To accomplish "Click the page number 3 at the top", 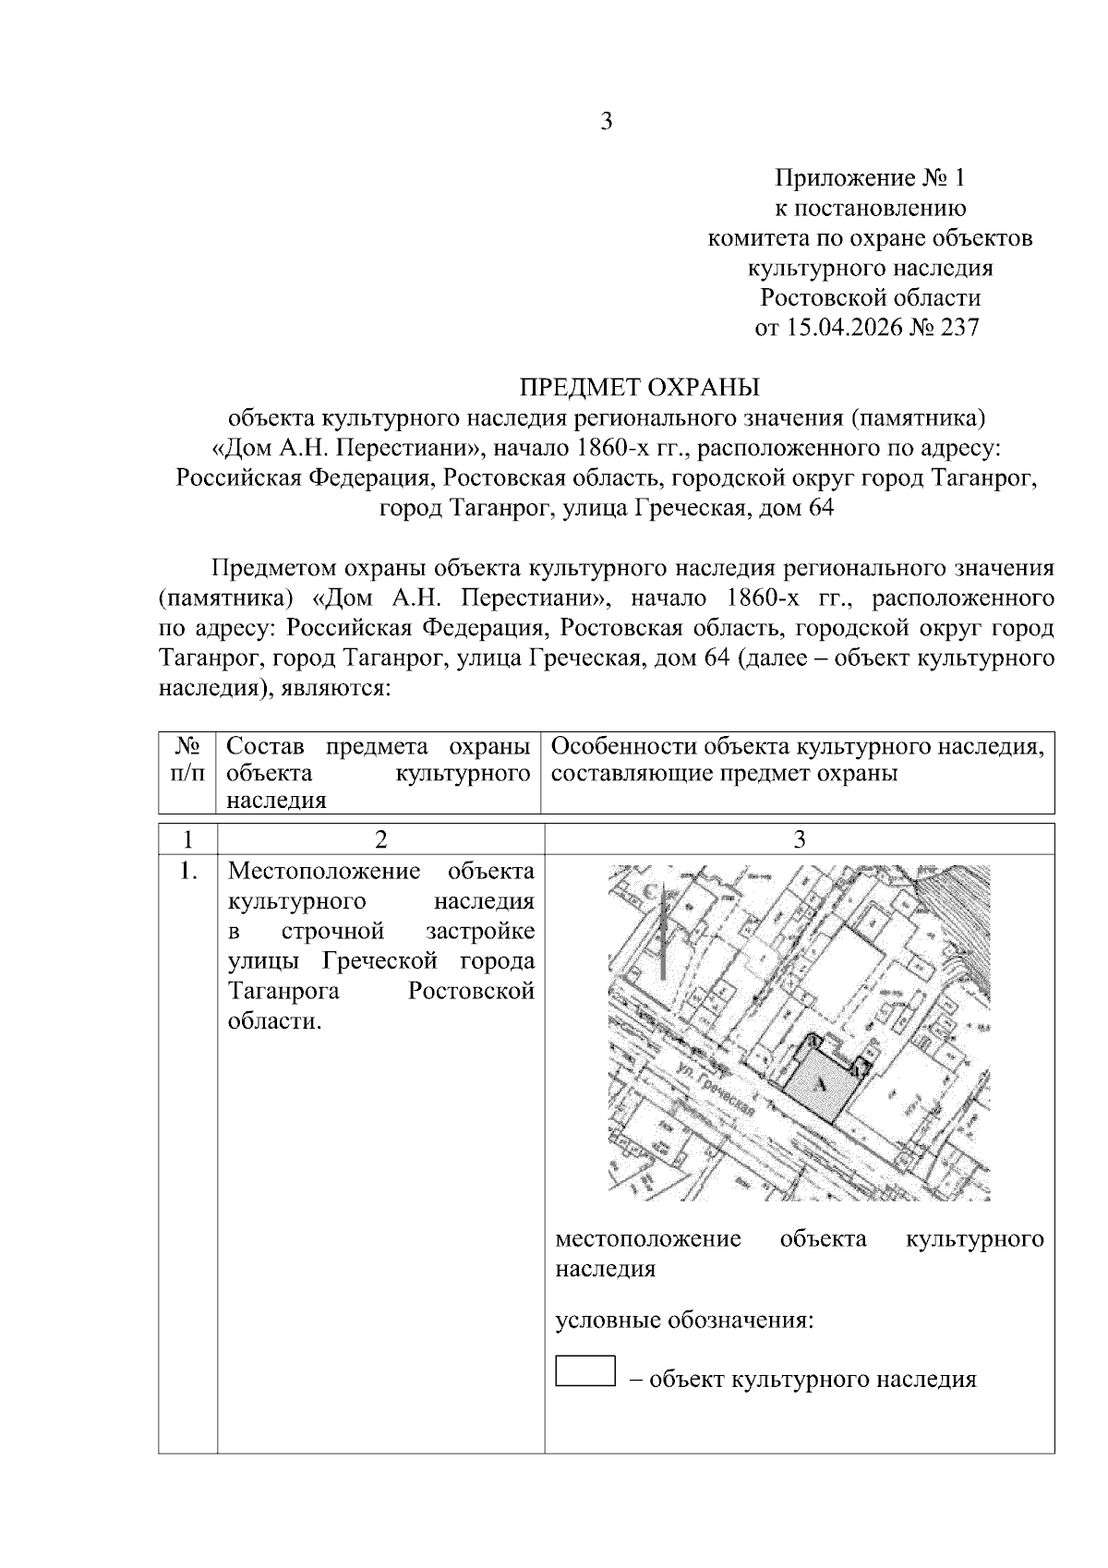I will pos(607,121).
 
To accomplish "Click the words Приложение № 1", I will pos(869,177).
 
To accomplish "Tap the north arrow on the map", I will pos(663,933).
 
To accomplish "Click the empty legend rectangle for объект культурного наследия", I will pos(585,1370).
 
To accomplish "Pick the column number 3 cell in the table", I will pos(799,838).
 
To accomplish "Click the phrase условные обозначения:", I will pos(683,1320).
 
